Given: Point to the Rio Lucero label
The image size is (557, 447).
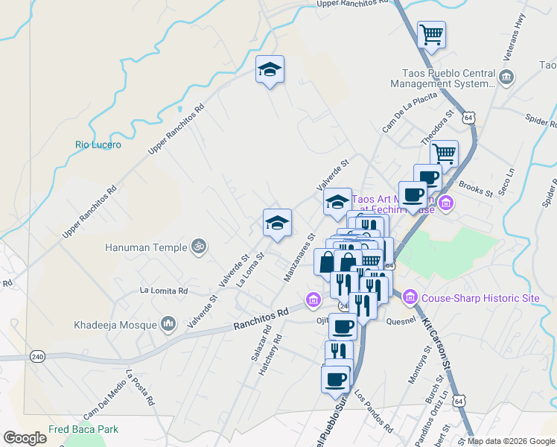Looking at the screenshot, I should (x=98, y=145).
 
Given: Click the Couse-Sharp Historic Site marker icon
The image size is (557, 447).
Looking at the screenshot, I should (x=410, y=298).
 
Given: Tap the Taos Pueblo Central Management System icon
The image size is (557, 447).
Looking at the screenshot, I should (x=506, y=77).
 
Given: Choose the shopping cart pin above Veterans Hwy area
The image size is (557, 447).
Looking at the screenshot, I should (x=431, y=34).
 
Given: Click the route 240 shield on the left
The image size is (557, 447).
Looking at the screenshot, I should (x=38, y=357).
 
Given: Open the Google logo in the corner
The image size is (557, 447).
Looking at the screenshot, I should (x=25, y=438).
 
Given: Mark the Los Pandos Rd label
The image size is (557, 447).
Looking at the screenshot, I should (x=374, y=411).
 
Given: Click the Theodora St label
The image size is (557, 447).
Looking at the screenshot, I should (x=437, y=128).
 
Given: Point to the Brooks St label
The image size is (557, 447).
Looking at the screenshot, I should (x=476, y=188).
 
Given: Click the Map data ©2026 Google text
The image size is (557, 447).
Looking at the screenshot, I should (x=510, y=441).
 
